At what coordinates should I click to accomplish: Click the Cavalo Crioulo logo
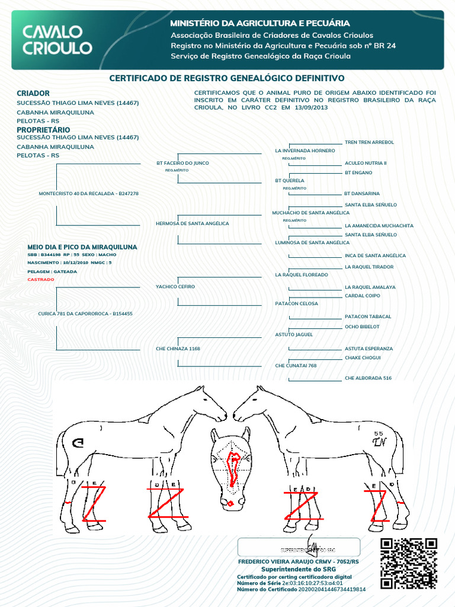pyautogui.click(x=57, y=40)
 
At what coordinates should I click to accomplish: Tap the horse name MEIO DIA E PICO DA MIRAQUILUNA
pyautogui.click(x=82, y=247)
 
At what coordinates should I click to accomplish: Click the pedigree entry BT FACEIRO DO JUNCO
pyautogui.click(x=182, y=163)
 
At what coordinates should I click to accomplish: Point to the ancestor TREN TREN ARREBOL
pyautogui.click(x=369, y=142)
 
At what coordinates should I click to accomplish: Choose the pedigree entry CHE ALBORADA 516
pyautogui.click(x=368, y=378)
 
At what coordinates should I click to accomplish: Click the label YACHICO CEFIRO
pyautogui.click(x=175, y=287)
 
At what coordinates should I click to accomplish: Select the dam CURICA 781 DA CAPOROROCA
pyautogui.click(x=85, y=314)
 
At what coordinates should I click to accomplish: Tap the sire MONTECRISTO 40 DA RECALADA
pyautogui.click(x=88, y=194)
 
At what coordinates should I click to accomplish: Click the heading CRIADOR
pyautogui.click(x=33, y=93)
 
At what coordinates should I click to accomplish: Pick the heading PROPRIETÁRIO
pyautogui.click(x=43, y=129)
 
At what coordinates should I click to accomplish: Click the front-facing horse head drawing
pyautogui.click(x=231, y=468)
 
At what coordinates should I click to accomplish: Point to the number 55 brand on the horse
pyautogui.click(x=379, y=433)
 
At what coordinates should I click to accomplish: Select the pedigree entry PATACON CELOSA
pyautogui.click(x=297, y=303)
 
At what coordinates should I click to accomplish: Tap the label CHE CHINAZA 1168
pyautogui.click(x=178, y=349)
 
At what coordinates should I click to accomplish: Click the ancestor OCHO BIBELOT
pyautogui.click(x=362, y=327)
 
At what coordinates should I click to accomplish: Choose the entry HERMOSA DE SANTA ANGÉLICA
pyautogui.click(x=192, y=223)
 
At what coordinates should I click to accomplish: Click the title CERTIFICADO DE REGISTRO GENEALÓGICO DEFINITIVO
pyautogui.click(x=227, y=78)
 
